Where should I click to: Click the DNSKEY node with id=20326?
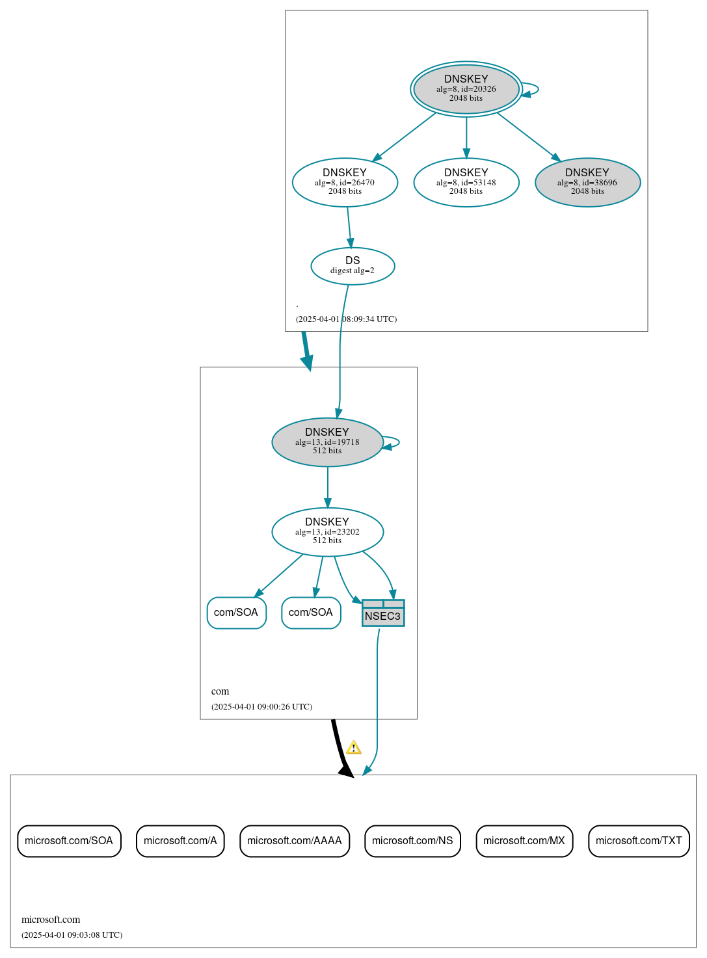(x=466, y=89)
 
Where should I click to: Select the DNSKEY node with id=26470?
(x=345, y=183)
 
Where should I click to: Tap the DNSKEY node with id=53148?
(x=466, y=183)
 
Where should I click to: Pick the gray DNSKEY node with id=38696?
(x=587, y=183)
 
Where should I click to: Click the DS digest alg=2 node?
(x=353, y=266)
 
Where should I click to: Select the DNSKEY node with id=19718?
(x=327, y=442)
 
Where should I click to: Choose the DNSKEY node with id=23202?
(x=327, y=532)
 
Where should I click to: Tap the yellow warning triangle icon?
(x=353, y=748)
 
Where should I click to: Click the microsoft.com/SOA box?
(x=69, y=841)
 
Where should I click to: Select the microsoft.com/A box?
(x=180, y=841)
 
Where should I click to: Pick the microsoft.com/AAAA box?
(x=295, y=841)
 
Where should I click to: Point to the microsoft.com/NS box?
(x=412, y=841)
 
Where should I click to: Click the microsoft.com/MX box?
(x=524, y=841)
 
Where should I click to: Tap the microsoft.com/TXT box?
(x=639, y=841)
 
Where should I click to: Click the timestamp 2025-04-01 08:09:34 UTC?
(x=346, y=319)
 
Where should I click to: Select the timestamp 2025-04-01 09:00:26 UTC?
(x=261, y=707)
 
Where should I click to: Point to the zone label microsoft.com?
(x=51, y=920)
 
